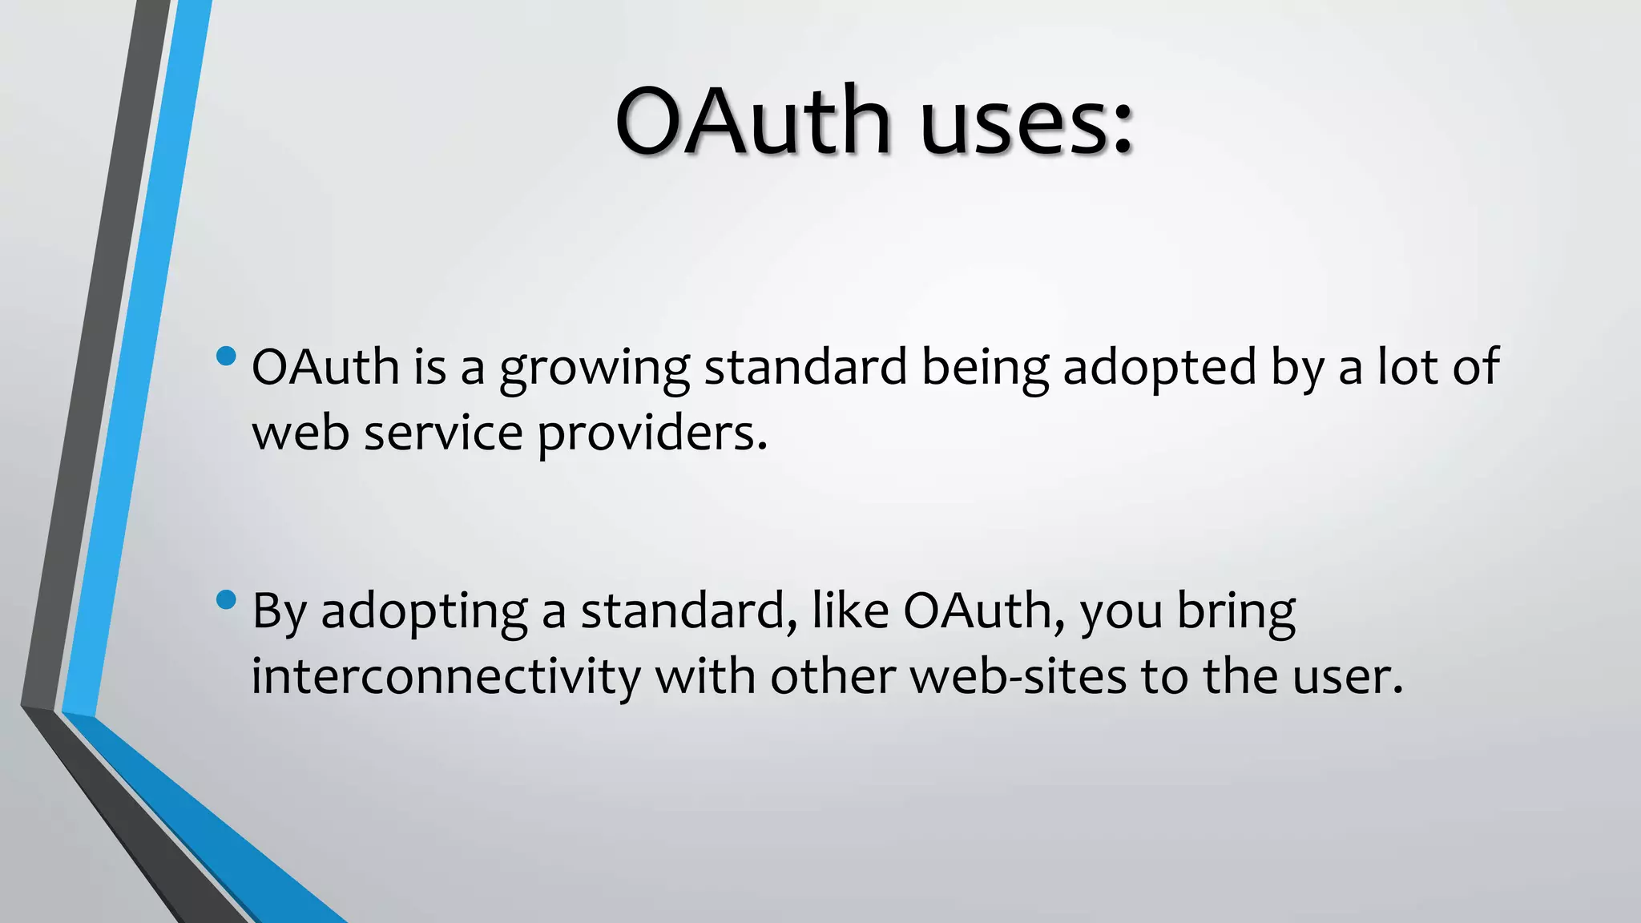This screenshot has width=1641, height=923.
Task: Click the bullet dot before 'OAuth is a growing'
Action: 227,355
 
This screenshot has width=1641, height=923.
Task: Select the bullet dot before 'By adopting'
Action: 227,599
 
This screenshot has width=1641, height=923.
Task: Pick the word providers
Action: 651,434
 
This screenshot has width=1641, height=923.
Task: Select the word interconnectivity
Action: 446,676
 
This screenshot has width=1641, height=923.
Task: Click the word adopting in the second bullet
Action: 424,613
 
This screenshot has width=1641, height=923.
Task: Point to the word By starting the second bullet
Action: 279,613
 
